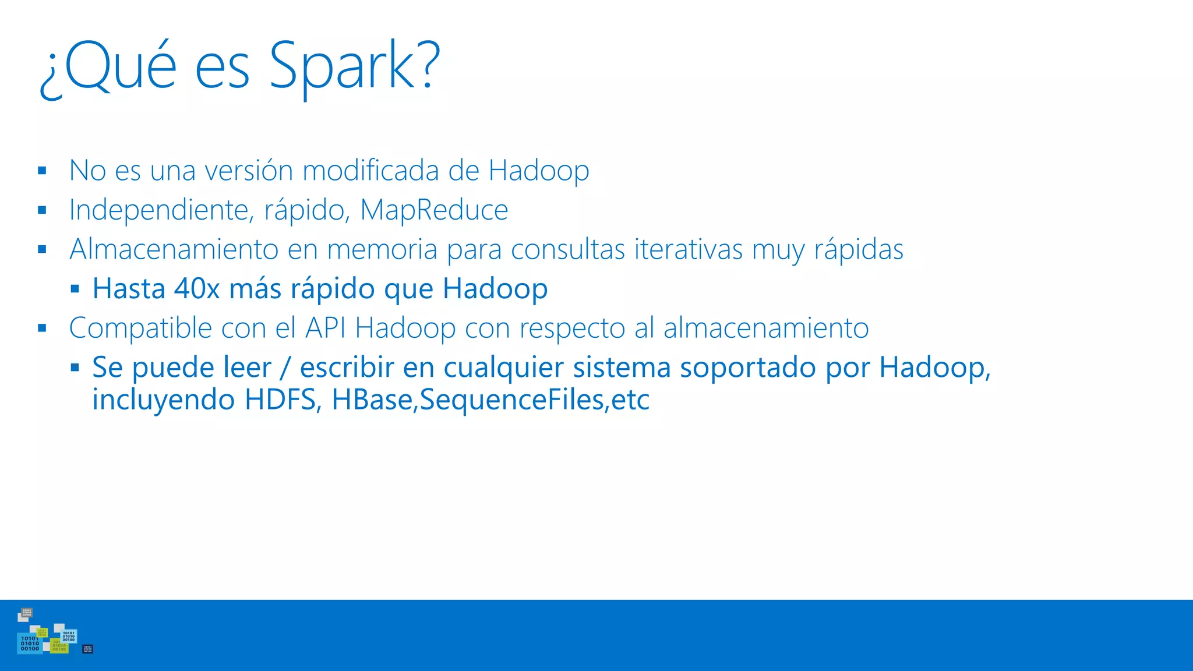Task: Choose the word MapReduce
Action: coord(434,210)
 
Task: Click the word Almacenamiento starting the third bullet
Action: coord(174,249)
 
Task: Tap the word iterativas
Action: coord(688,249)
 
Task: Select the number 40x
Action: coord(197,289)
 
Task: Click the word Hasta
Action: coord(129,289)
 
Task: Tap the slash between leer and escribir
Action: coord(285,368)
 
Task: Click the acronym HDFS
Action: coord(280,400)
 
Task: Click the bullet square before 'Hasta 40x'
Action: coord(75,288)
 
